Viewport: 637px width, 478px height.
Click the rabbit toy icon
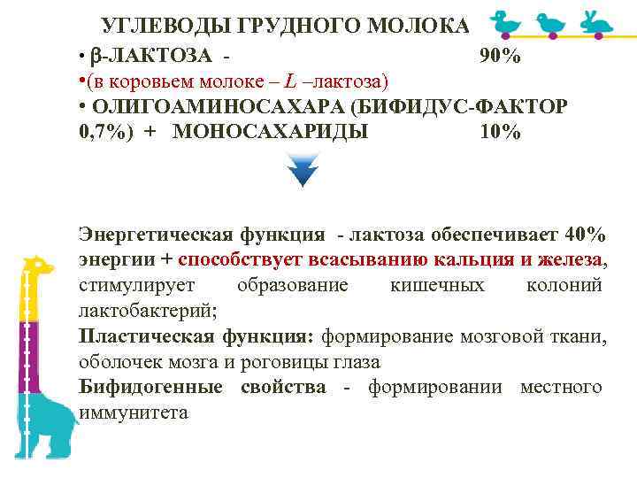pos(596,20)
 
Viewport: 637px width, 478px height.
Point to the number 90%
pos(500,57)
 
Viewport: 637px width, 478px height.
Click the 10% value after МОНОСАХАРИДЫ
pos(500,133)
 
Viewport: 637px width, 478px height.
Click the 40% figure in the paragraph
pos(584,235)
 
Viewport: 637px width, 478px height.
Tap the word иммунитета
pos(134,413)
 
